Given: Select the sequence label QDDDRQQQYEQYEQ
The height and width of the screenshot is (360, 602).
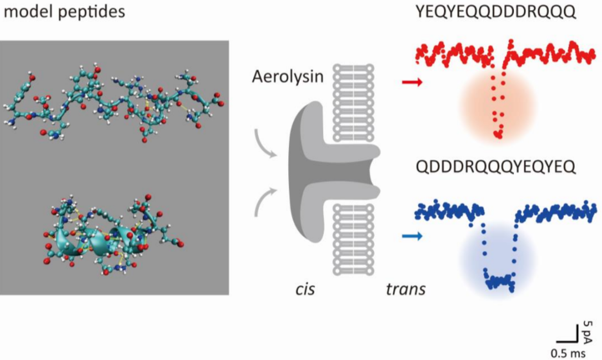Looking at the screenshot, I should tap(496, 167).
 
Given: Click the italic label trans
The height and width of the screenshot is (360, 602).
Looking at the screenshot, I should tap(405, 290).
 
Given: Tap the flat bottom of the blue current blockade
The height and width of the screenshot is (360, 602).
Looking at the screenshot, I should tap(499, 280).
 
